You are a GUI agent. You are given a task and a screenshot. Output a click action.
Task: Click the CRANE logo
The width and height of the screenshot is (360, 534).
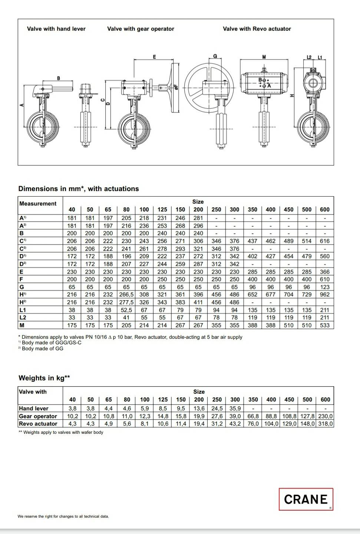click(x=306, y=499)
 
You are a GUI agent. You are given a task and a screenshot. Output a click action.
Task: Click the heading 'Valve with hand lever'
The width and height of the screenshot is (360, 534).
click(x=56, y=29)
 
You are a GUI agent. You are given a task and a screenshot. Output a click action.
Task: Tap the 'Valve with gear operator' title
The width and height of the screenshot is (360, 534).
click(x=141, y=29)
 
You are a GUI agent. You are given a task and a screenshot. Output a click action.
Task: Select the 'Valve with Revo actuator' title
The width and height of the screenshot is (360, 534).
click(x=257, y=29)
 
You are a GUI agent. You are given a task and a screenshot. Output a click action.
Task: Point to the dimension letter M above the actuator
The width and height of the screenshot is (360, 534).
click(x=264, y=57)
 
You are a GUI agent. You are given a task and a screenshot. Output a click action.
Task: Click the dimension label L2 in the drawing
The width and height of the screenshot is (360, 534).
click(x=310, y=57)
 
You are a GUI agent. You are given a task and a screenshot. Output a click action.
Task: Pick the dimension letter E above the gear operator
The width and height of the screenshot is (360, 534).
click(x=154, y=57)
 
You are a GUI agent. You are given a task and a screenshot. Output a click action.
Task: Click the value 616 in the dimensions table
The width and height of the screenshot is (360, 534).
click(x=324, y=241)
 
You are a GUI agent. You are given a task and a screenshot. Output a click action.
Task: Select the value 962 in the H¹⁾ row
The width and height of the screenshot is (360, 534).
click(x=324, y=294)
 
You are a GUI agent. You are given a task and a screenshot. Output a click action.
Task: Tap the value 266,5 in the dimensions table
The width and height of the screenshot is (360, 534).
click(x=126, y=294)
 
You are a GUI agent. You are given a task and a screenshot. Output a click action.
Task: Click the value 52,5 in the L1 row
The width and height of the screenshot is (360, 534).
click(x=126, y=310)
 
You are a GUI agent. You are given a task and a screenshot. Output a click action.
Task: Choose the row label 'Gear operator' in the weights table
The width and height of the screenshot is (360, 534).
click(x=38, y=416)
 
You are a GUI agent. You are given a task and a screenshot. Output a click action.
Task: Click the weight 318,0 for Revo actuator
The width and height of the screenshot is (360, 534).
click(x=325, y=423)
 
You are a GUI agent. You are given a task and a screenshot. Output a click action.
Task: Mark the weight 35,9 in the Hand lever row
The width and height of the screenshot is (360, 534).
click(x=235, y=408)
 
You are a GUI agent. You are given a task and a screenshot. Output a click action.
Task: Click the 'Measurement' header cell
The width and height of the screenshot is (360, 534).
click(x=38, y=203)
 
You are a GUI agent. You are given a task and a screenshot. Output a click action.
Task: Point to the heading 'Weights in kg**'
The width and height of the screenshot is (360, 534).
click(x=44, y=378)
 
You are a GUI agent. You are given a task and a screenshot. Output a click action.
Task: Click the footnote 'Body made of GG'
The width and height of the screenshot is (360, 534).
click(x=42, y=348)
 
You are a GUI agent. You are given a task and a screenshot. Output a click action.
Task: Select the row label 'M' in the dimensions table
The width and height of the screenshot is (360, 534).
click(x=22, y=325)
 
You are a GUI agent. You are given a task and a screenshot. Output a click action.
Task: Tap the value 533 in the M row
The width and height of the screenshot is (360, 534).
click(x=324, y=325)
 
